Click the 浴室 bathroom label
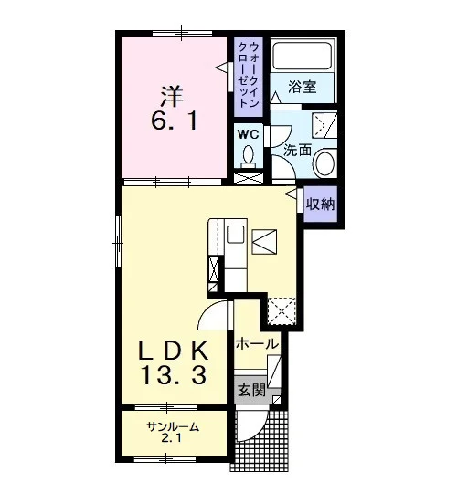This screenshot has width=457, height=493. point(303,87)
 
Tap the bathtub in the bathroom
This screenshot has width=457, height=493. point(303,56)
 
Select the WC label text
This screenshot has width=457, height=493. point(249,135)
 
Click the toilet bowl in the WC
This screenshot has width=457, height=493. point(249,154)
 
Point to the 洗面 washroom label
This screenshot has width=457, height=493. point(297,150)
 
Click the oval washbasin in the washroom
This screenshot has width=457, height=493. point(325,163)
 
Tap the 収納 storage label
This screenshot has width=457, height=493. point(321,205)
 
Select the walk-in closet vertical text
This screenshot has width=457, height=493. point(249,75)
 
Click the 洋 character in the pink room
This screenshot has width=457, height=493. point(172,96)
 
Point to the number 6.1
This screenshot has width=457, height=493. point(174,121)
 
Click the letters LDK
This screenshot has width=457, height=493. point(174,351)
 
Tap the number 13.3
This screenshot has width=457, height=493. point(174,375)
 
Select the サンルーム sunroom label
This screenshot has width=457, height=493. point(173,427)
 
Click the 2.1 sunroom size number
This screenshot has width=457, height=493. point(171,437)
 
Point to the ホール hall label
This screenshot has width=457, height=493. point(258,343)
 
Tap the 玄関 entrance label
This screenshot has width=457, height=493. point(251,391)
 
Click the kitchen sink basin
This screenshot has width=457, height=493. point(236,234)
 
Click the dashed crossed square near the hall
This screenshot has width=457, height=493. point(282,311)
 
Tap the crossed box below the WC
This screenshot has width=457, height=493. point(249,178)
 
